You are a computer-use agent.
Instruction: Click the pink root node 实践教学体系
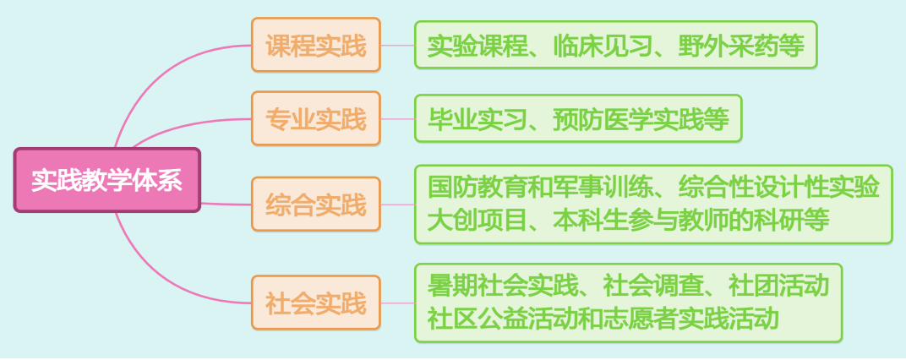click(x=106, y=180)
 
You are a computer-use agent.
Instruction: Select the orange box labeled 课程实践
click(x=316, y=45)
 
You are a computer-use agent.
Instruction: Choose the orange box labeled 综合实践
click(x=316, y=204)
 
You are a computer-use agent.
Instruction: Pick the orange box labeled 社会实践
click(x=316, y=302)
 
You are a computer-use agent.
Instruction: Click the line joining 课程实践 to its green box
click(x=397, y=45)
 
